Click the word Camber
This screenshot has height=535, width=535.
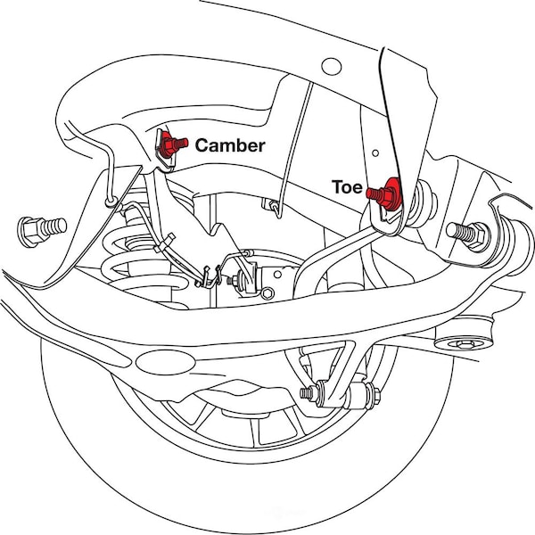pos(229,145)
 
